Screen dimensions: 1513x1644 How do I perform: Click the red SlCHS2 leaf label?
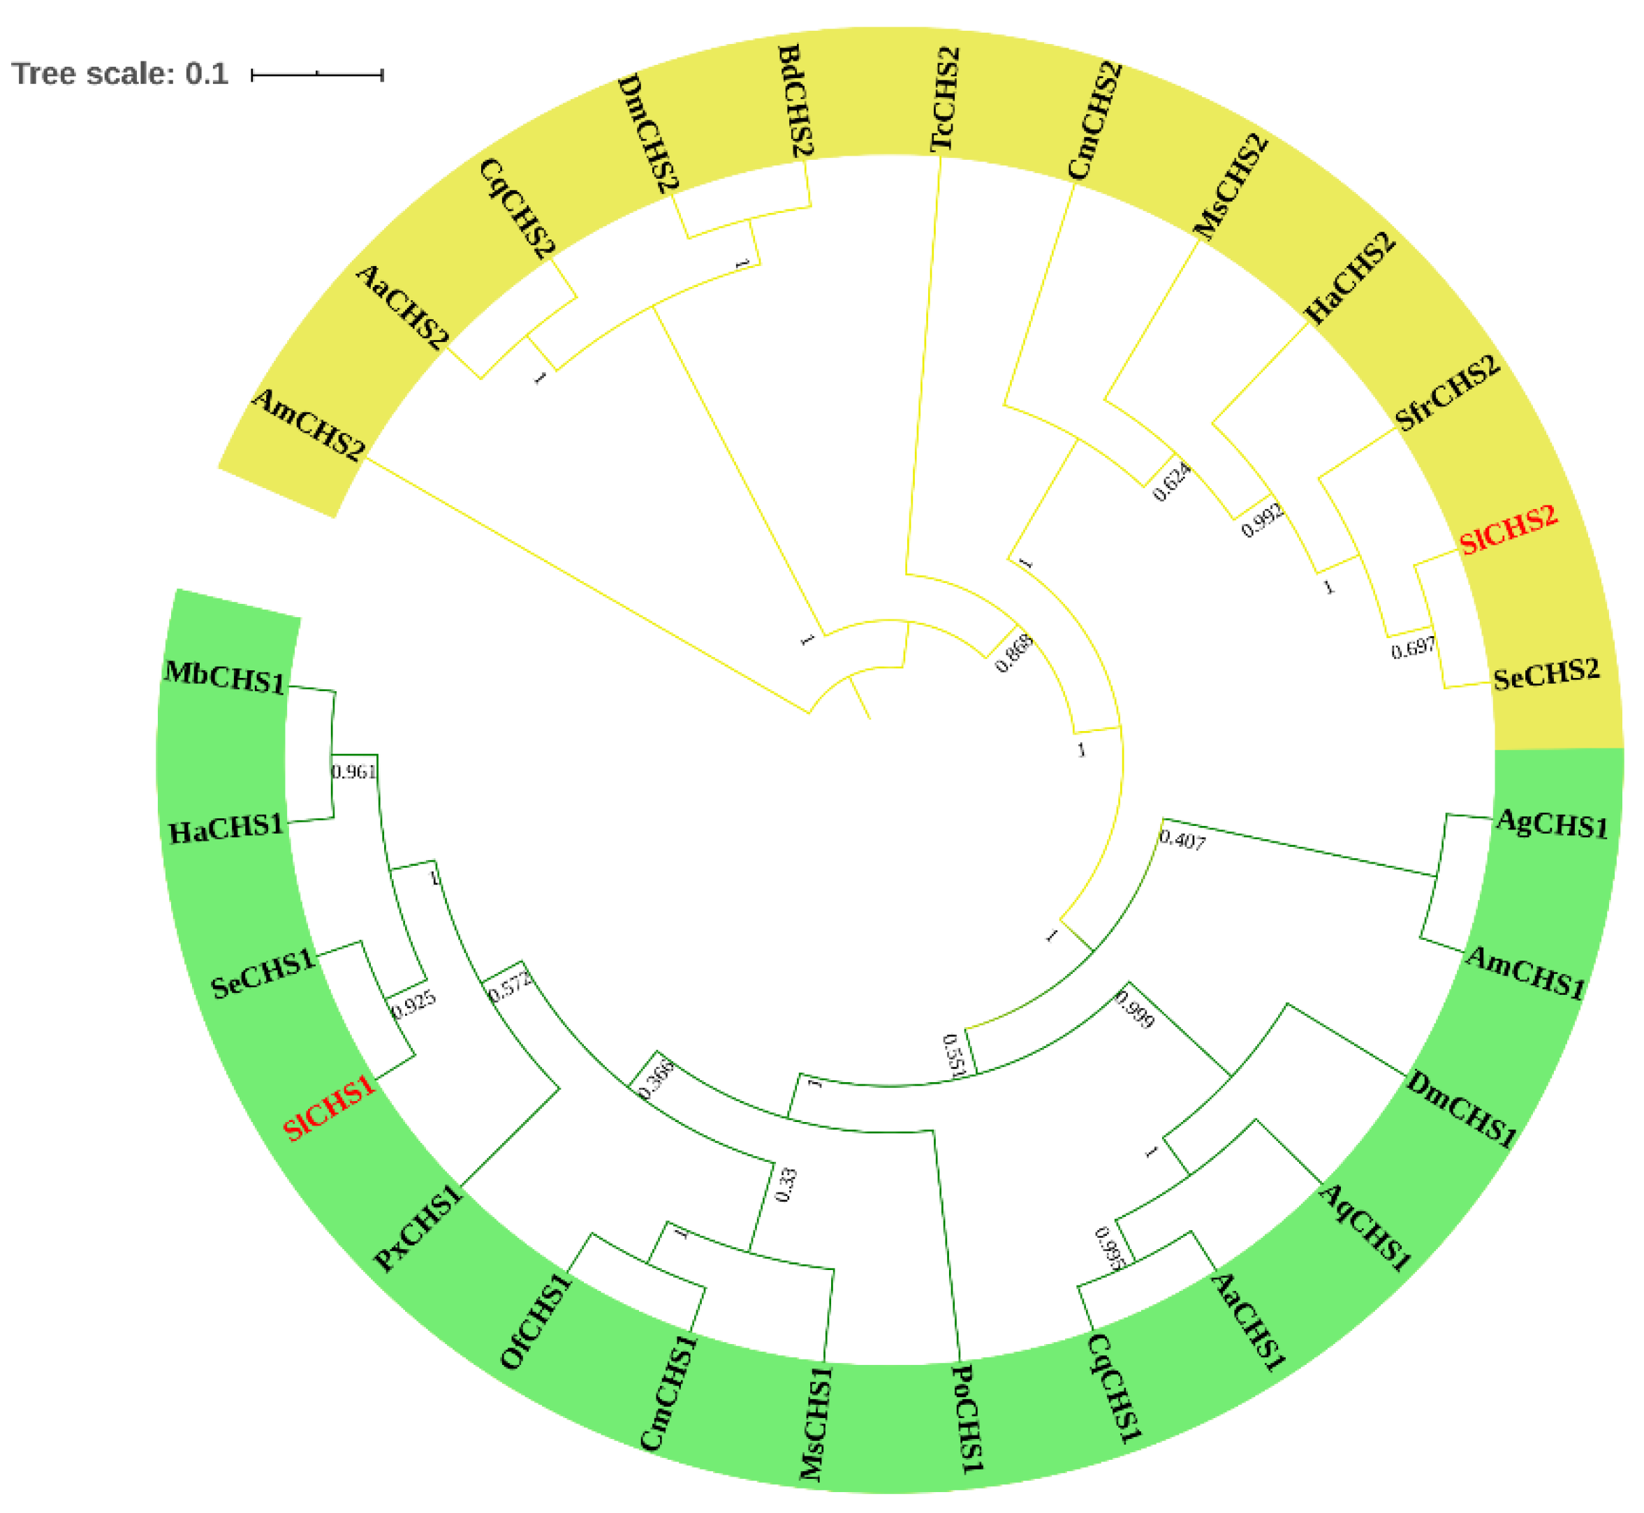[1507, 529]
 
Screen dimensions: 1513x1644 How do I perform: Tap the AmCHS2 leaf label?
[308, 424]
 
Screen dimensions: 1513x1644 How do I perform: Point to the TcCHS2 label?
[945, 99]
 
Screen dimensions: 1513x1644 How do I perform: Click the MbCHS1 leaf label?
[225, 677]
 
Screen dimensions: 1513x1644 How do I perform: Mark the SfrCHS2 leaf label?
[1446, 392]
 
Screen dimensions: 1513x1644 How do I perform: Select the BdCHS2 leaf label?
[795, 101]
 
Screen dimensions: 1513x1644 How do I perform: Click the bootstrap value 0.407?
[1182, 839]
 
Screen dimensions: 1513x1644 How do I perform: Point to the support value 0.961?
[353, 772]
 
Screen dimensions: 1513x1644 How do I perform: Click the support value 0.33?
[785, 1185]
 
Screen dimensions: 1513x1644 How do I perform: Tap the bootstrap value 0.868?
[1013, 653]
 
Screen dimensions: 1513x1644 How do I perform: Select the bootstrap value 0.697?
[1413, 649]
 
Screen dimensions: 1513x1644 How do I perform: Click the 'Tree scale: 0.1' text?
[119, 74]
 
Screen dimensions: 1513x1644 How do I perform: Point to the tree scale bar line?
[317, 75]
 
